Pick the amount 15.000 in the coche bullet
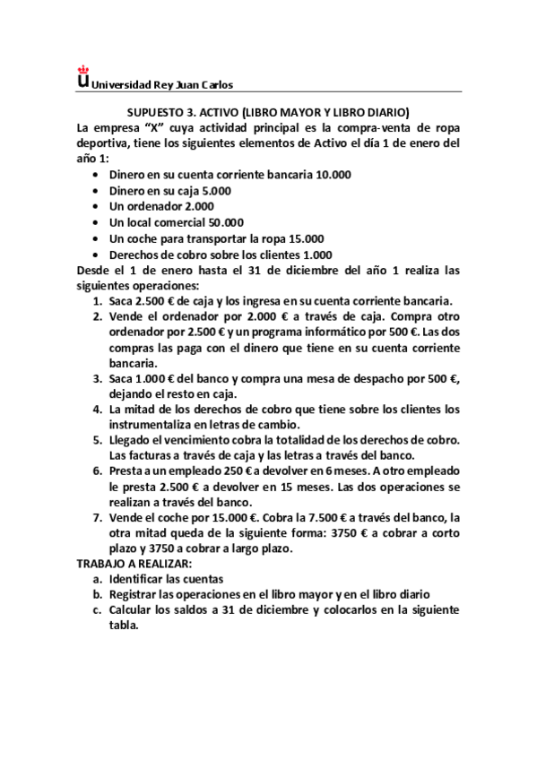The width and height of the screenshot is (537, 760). (307, 238)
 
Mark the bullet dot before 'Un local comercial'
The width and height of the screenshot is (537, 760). (96, 223)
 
